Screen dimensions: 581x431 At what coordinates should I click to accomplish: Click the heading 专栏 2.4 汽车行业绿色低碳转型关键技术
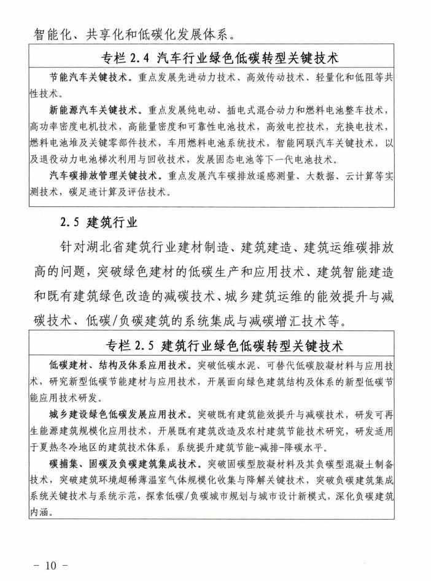coord(221,59)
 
